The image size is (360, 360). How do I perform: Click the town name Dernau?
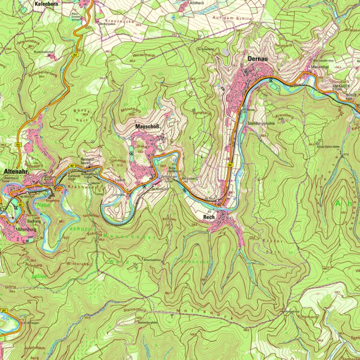tap(257, 59)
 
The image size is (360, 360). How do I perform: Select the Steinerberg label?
tap(135, 309)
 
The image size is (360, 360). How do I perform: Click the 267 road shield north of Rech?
tap(230, 164)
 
